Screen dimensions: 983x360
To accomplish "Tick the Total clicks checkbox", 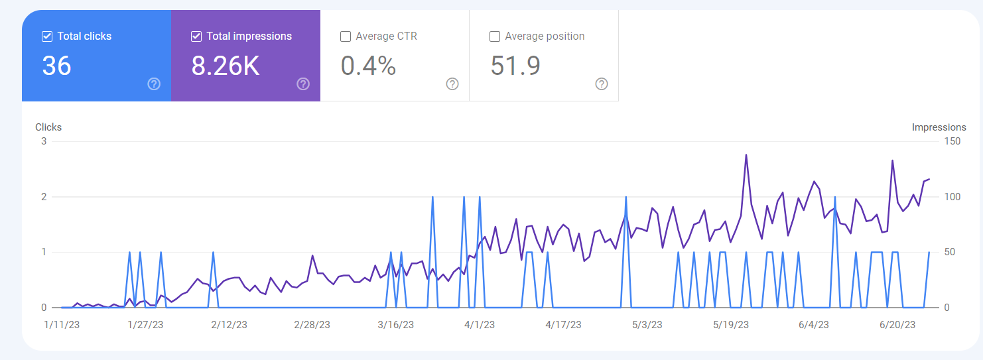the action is pyautogui.click(x=47, y=36).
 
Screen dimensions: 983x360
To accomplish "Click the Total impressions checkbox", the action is pyautogui.click(x=196, y=36).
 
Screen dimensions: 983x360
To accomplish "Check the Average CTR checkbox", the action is pyautogui.click(x=346, y=36).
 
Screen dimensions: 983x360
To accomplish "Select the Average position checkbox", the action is pyautogui.click(x=495, y=36).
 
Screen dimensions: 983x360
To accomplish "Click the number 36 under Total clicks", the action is pyautogui.click(x=56, y=66).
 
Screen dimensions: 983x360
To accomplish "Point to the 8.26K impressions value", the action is pyautogui.click(x=225, y=66).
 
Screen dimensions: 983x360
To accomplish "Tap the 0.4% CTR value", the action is pyautogui.click(x=368, y=66).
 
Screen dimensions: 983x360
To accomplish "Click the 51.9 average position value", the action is pyautogui.click(x=515, y=66).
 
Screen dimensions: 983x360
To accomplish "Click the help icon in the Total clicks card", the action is pyautogui.click(x=154, y=84).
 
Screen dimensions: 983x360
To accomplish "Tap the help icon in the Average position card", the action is pyautogui.click(x=602, y=84).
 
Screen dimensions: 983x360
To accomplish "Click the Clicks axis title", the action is pyautogui.click(x=48, y=127).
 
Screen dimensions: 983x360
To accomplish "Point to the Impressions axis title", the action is pyautogui.click(x=939, y=127).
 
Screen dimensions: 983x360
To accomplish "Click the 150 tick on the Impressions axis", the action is pyautogui.click(x=952, y=141).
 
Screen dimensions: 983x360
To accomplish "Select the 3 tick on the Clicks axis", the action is pyautogui.click(x=44, y=141).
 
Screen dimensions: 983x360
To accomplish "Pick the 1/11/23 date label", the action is pyautogui.click(x=62, y=325).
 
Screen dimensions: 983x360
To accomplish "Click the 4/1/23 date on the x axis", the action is pyautogui.click(x=480, y=325).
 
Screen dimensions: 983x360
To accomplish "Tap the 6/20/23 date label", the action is pyautogui.click(x=897, y=325).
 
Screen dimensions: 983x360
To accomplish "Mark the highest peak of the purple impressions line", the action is pyautogui.click(x=746, y=154).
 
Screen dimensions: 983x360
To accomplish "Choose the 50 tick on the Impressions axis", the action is pyautogui.click(x=950, y=252).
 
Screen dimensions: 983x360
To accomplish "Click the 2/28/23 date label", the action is pyautogui.click(x=312, y=325).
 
